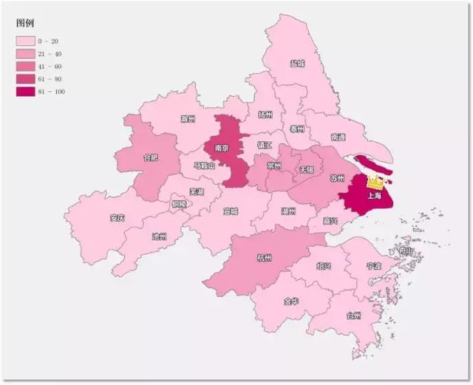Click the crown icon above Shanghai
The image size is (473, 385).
click(376, 181)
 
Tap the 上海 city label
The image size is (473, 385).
click(374, 196)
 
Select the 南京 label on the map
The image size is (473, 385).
click(222, 148)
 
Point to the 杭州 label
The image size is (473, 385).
click(264, 258)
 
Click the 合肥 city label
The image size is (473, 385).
click(150, 157)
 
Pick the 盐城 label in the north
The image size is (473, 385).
click(298, 64)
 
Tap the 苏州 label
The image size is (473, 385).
click(337, 178)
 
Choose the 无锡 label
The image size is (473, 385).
click(305, 169)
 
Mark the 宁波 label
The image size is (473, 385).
click(373, 266)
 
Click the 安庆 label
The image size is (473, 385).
click(117, 218)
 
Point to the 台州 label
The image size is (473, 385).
click(353, 316)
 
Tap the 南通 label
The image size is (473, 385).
click(338, 137)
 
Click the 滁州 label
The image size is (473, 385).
click(188, 118)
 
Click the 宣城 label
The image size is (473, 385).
click(231, 211)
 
